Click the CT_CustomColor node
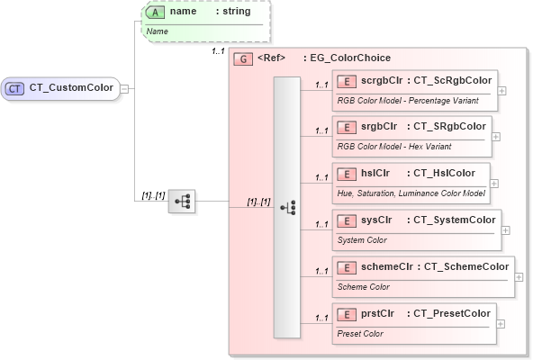(61, 88)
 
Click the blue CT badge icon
(15, 88)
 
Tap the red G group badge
(242, 58)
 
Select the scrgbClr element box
(414, 89)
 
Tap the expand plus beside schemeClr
(519, 277)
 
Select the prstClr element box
(413, 323)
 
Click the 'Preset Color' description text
(360, 334)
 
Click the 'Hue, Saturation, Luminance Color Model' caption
(411, 193)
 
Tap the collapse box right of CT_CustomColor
(125, 88)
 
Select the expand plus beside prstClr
(501, 324)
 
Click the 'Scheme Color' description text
(364, 287)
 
